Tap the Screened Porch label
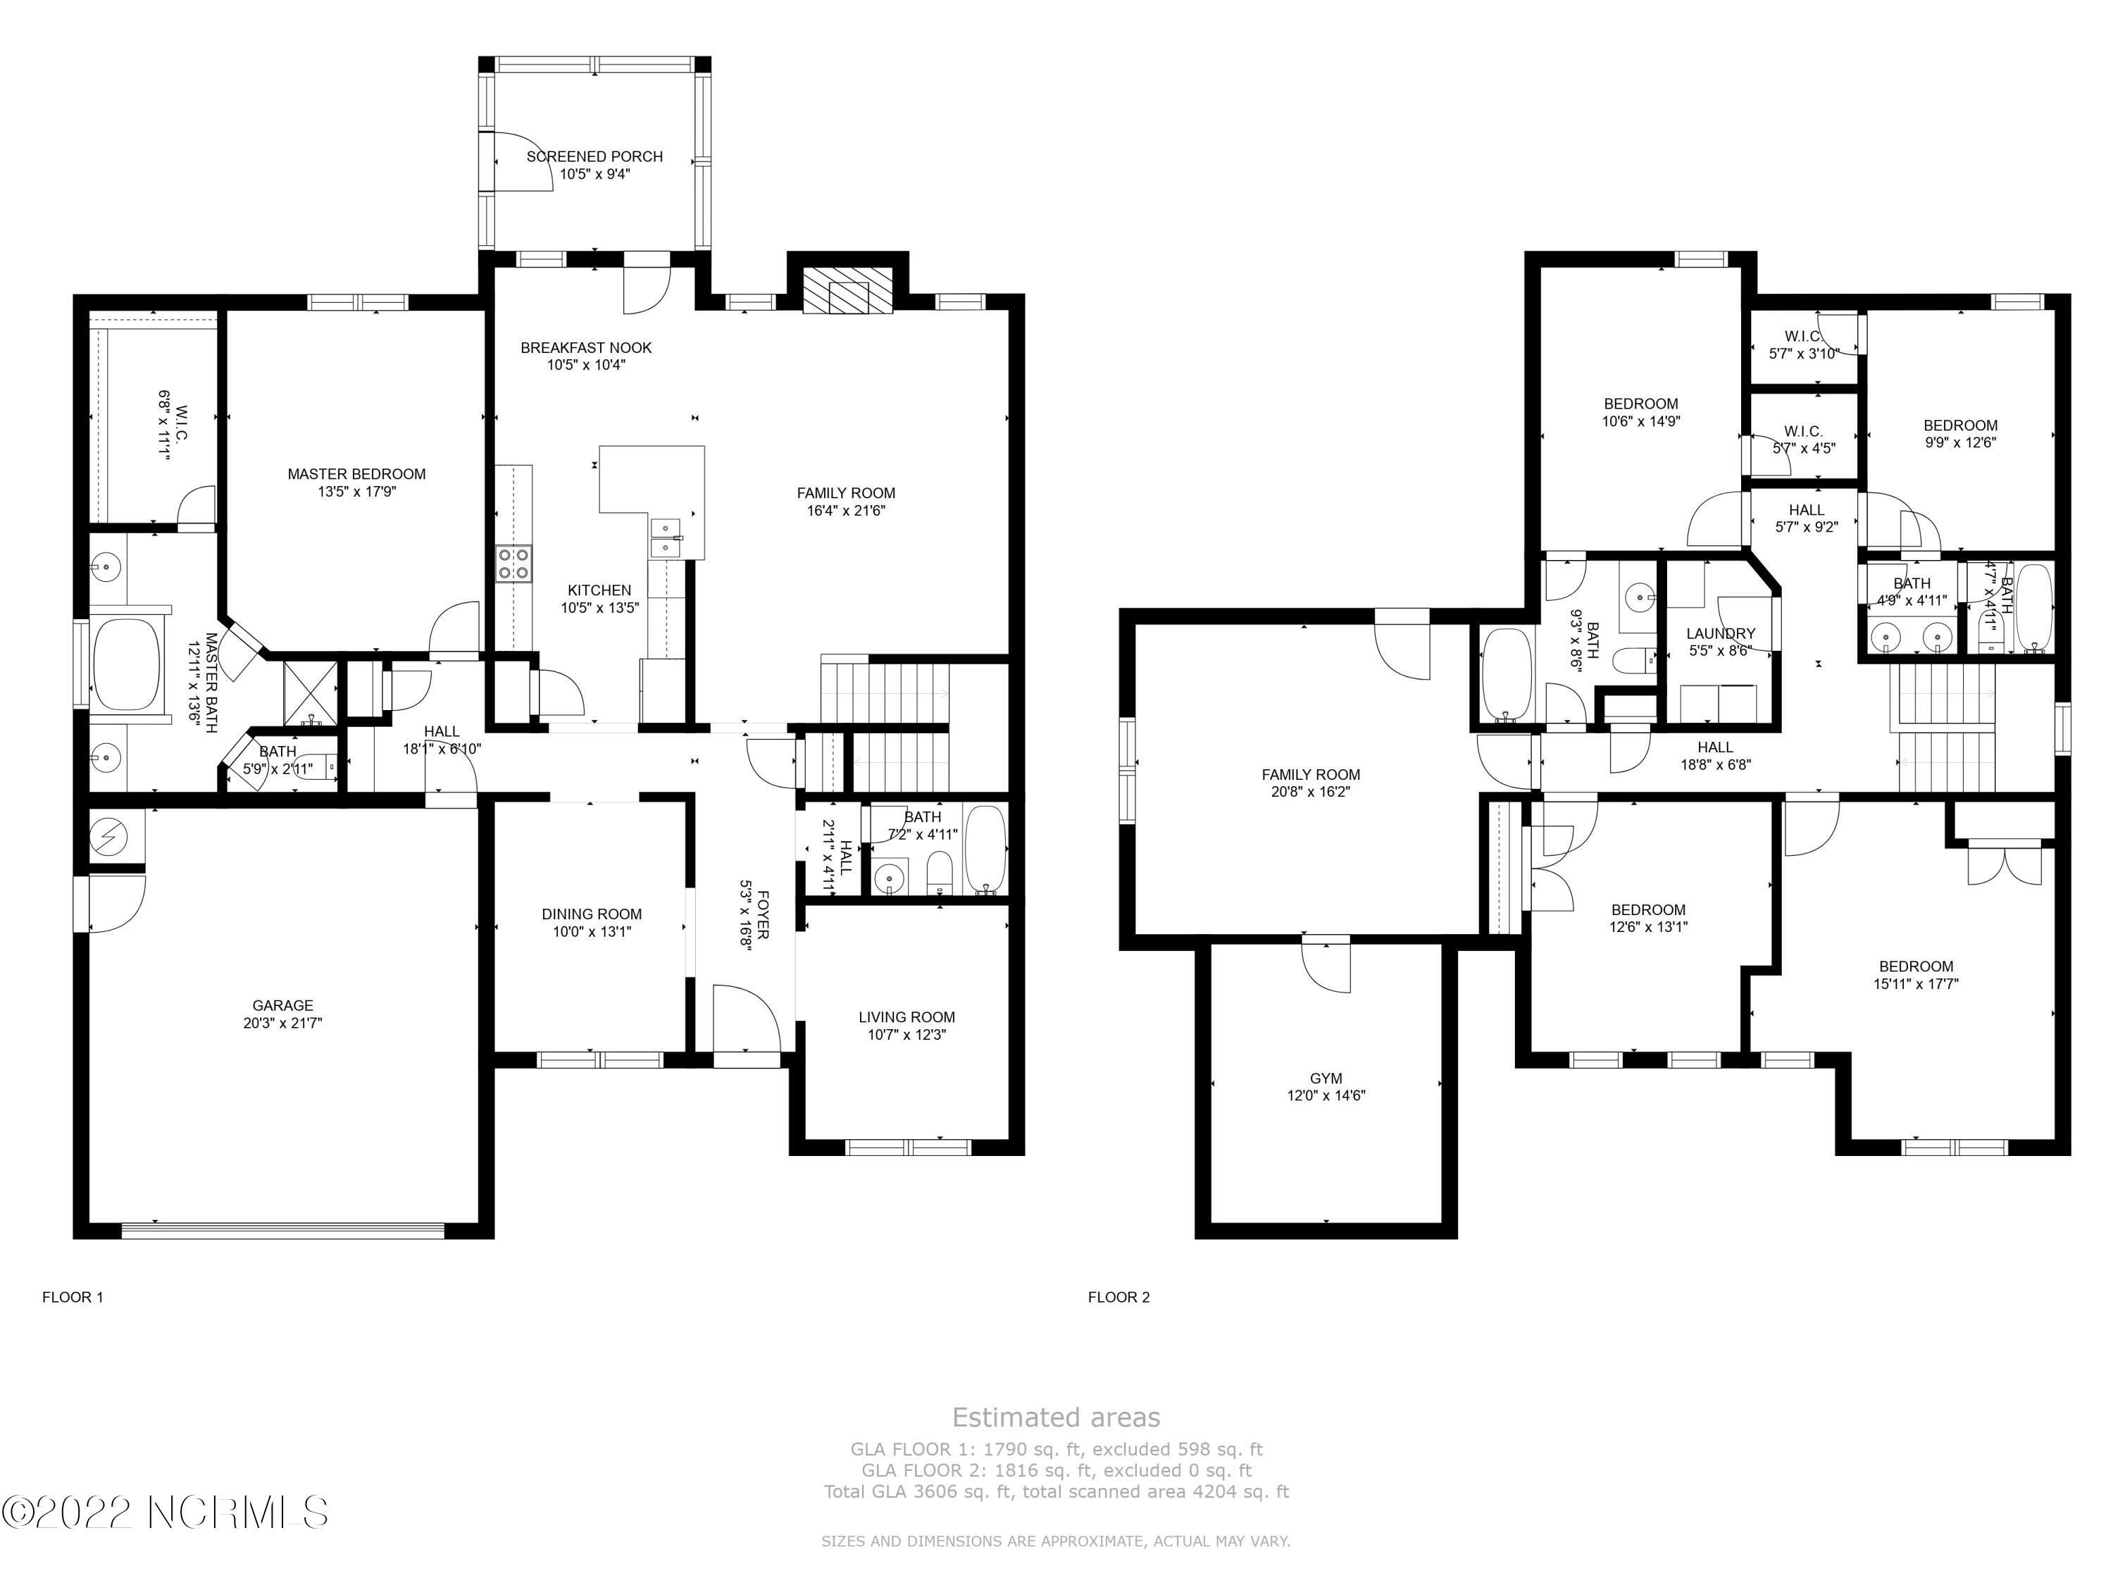(594, 156)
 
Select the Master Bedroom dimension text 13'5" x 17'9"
(356, 492)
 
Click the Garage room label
(282, 1005)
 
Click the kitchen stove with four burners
(514, 564)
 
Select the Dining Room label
(592, 914)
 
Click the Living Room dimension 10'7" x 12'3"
(906, 1035)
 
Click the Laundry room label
(1721, 633)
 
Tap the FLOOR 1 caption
(73, 1298)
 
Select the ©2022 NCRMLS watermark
(166, 1512)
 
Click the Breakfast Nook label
(587, 348)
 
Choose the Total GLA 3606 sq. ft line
(1056, 1491)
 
